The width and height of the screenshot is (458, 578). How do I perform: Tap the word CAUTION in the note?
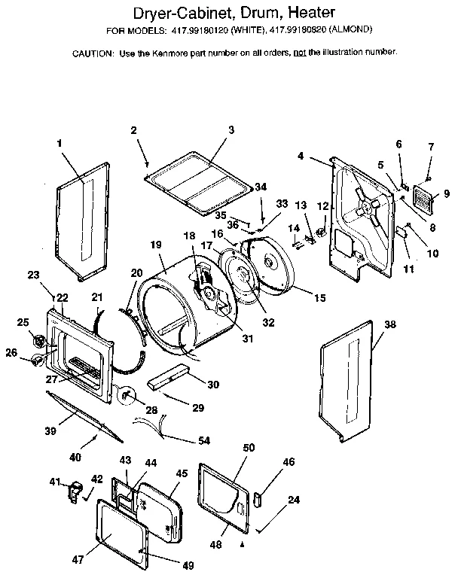tap(93, 53)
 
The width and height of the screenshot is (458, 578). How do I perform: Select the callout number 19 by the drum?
tap(156, 244)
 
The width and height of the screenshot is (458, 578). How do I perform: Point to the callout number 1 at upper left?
tap(60, 141)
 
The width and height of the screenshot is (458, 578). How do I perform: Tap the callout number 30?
tap(213, 385)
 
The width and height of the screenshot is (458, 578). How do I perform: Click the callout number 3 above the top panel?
tap(231, 129)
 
